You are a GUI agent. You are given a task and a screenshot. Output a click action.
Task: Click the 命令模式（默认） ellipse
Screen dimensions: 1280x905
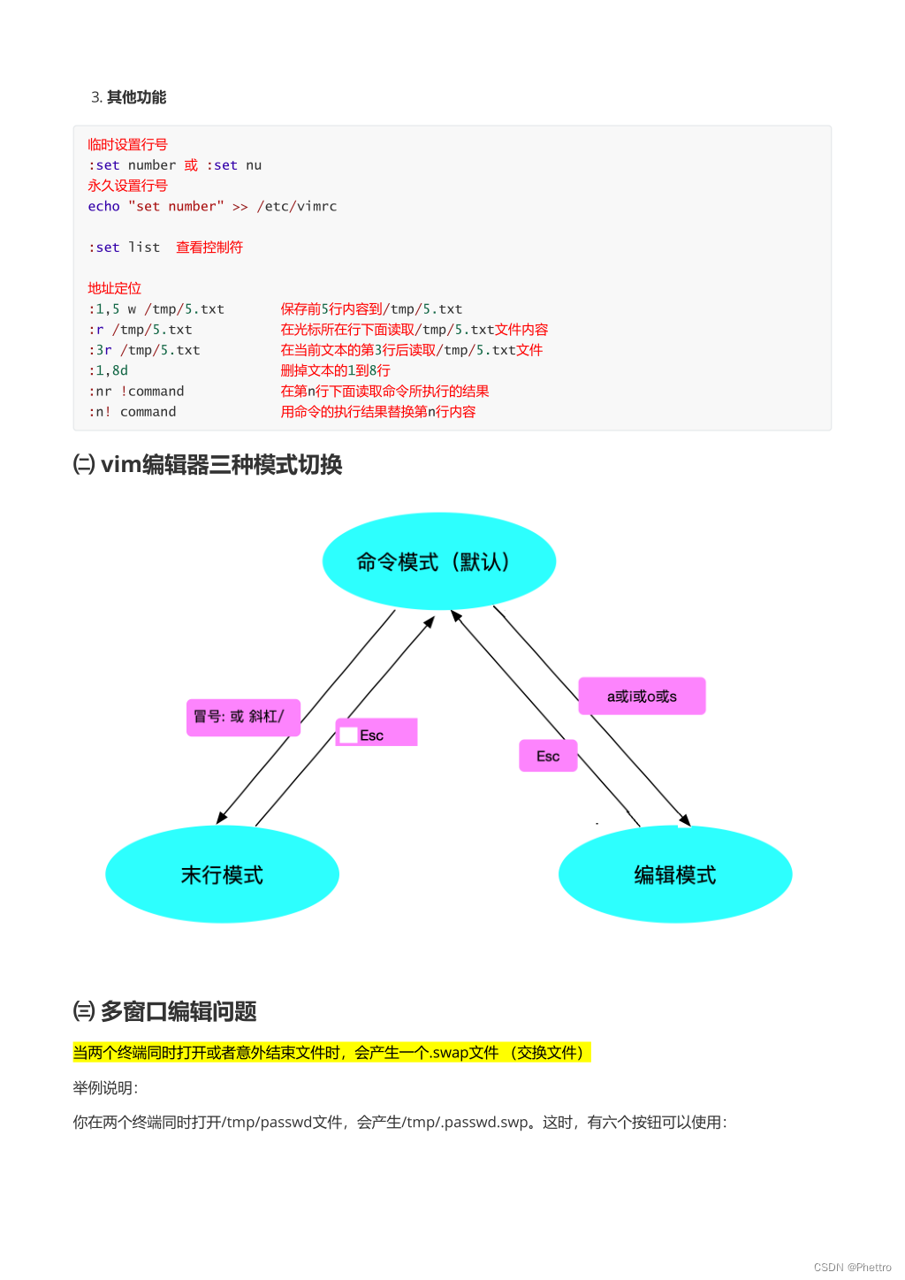click(x=438, y=561)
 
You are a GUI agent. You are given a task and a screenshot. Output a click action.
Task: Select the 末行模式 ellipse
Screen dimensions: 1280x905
click(x=222, y=874)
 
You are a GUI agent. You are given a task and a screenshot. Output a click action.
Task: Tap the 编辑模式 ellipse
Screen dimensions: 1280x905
click(x=675, y=874)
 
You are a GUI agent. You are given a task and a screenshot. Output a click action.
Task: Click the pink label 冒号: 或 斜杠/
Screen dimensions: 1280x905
click(x=243, y=717)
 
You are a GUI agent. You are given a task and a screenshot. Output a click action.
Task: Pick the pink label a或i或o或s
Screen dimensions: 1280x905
click(x=642, y=697)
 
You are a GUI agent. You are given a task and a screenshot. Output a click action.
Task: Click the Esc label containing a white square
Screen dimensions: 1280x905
click(x=376, y=734)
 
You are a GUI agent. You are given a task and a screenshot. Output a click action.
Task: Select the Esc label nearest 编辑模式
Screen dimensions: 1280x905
click(x=548, y=756)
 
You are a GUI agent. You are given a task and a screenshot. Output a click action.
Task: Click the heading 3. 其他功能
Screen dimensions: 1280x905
click(x=129, y=97)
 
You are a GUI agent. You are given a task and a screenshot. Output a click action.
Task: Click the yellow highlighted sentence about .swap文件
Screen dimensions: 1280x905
click(x=331, y=1053)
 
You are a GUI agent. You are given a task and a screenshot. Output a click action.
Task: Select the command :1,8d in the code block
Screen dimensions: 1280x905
click(x=109, y=370)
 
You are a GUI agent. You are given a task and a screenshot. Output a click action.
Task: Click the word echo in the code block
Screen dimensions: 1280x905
click(x=103, y=206)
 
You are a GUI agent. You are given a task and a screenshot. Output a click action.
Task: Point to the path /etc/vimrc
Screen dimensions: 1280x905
click(x=297, y=206)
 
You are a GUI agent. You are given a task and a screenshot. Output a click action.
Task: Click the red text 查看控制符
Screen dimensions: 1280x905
click(x=209, y=248)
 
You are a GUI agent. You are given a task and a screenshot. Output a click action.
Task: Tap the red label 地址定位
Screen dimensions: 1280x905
click(x=114, y=288)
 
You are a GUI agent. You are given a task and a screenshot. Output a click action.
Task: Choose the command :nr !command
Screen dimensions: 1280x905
click(x=136, y=391)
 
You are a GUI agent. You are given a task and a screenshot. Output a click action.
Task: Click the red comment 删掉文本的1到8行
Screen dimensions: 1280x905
click(x=335, y=370)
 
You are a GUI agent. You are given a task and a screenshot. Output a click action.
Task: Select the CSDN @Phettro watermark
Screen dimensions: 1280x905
click(x=852, y=1267)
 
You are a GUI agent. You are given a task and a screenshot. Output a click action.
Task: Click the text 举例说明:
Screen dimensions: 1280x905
click(x=105, y=1088)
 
